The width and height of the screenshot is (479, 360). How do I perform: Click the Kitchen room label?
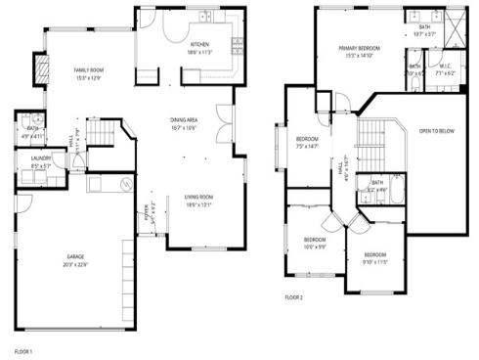coord(199,45)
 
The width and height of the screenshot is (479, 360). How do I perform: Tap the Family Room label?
coord(90,70)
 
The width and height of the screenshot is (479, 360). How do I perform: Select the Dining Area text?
coord(185,120)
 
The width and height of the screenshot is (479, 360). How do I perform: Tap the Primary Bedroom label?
coord(359,48)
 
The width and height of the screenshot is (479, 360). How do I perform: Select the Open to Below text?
coord(437,130)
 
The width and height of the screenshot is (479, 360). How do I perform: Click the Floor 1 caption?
coord(23,349)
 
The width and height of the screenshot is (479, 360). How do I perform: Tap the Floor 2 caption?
coord(294,296)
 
